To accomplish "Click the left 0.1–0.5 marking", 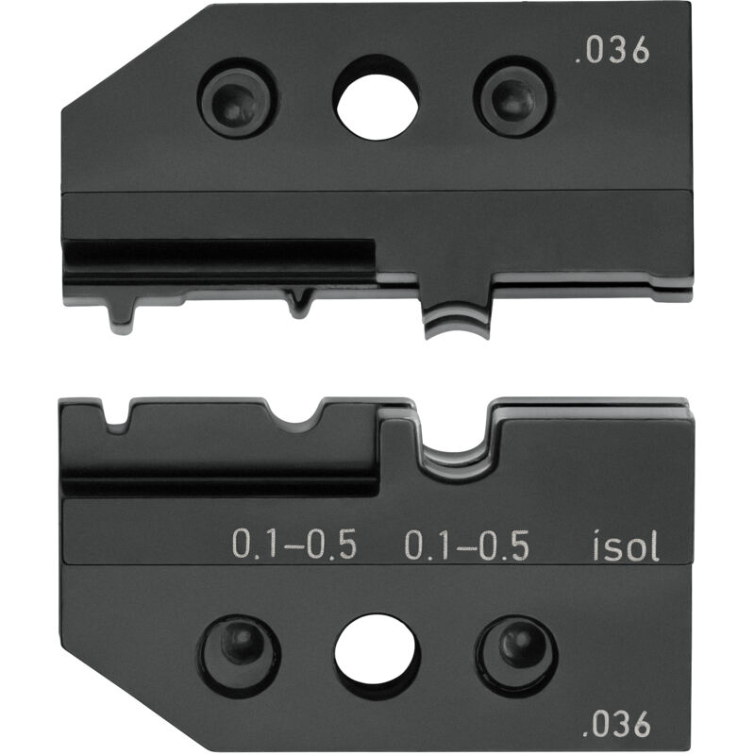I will click(x=294, y=546).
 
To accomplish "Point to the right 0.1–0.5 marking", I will click(x=466, y=546).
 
